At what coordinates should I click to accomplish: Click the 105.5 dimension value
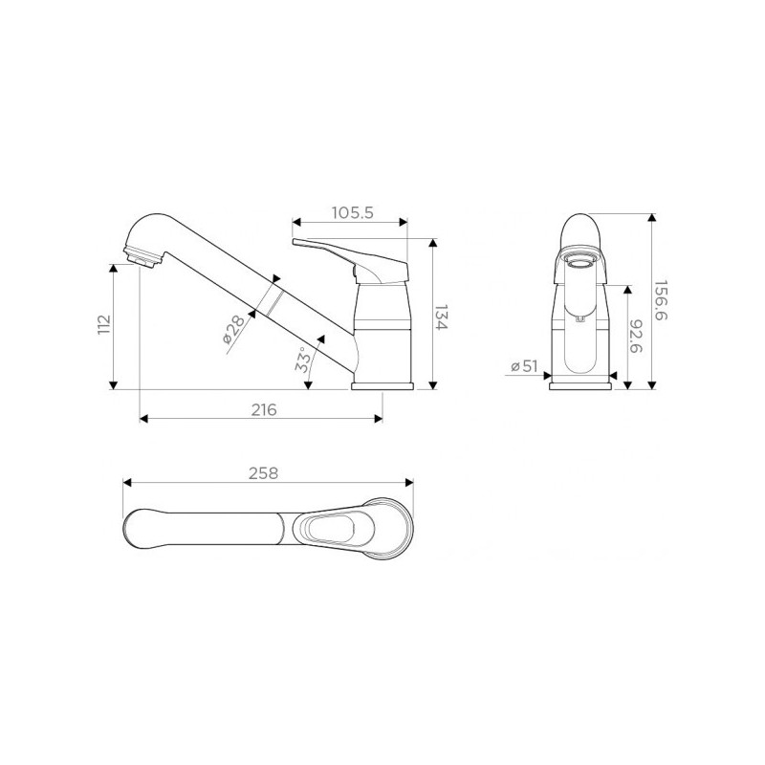(x=352, y=213)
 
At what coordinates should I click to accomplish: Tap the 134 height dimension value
(x=441, y=317)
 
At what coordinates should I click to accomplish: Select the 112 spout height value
(x=104, y=325)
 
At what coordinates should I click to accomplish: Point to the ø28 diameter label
(x=233, y=329)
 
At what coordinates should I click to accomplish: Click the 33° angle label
(x=302, y=361)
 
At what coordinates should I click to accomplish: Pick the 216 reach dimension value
(x=264, y=410)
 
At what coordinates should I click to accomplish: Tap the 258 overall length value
(x=264, y=473)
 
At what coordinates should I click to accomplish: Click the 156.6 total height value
(x=661, y=300)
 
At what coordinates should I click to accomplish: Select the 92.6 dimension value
(x=636, y=337)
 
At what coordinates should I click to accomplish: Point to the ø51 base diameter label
(x=524, y=366)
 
